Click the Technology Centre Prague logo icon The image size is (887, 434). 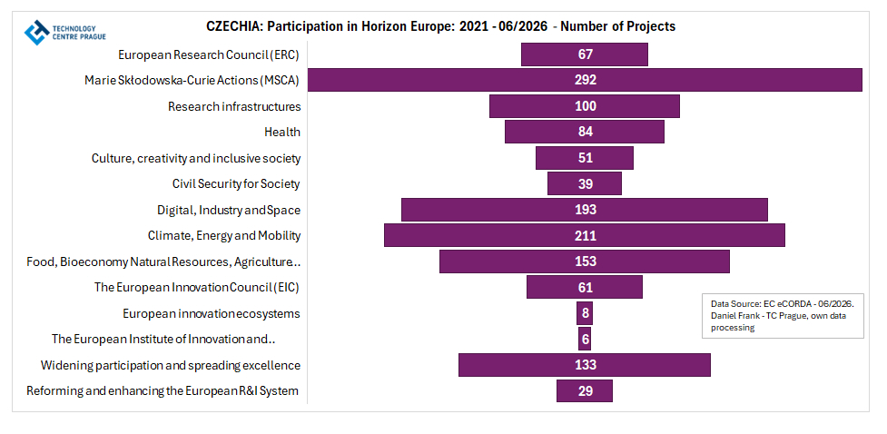click(x=37, y=33)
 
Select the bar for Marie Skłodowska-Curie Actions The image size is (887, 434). click(x=585, y=80)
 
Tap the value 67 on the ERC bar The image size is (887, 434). click(x=585, y=54)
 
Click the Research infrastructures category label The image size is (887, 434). click(x=234, y=106)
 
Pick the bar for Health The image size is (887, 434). click(x=585, y=132)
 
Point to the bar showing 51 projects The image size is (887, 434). click(x=585, y=158)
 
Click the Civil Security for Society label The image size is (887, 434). click(x=236, y=184)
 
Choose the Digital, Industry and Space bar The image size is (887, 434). click(x=585, y=210)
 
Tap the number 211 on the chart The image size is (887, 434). click(x=585, y=235)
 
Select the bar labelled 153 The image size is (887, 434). click(x=585, y=261)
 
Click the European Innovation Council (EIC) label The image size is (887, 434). click(x=196, y=288)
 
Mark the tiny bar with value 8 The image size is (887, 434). click(x=585, y=313)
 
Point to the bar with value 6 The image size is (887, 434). click(x=585, y=339)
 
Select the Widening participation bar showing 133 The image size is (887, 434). click(x=585, y=365)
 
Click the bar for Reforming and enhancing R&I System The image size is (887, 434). click(x=585, y=391)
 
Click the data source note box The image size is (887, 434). click(x=783, y=316)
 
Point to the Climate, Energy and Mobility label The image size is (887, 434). click(x=224, y=236)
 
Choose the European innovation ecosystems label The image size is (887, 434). click(x=211, y=313)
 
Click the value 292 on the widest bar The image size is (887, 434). click(x=585, y=80)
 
